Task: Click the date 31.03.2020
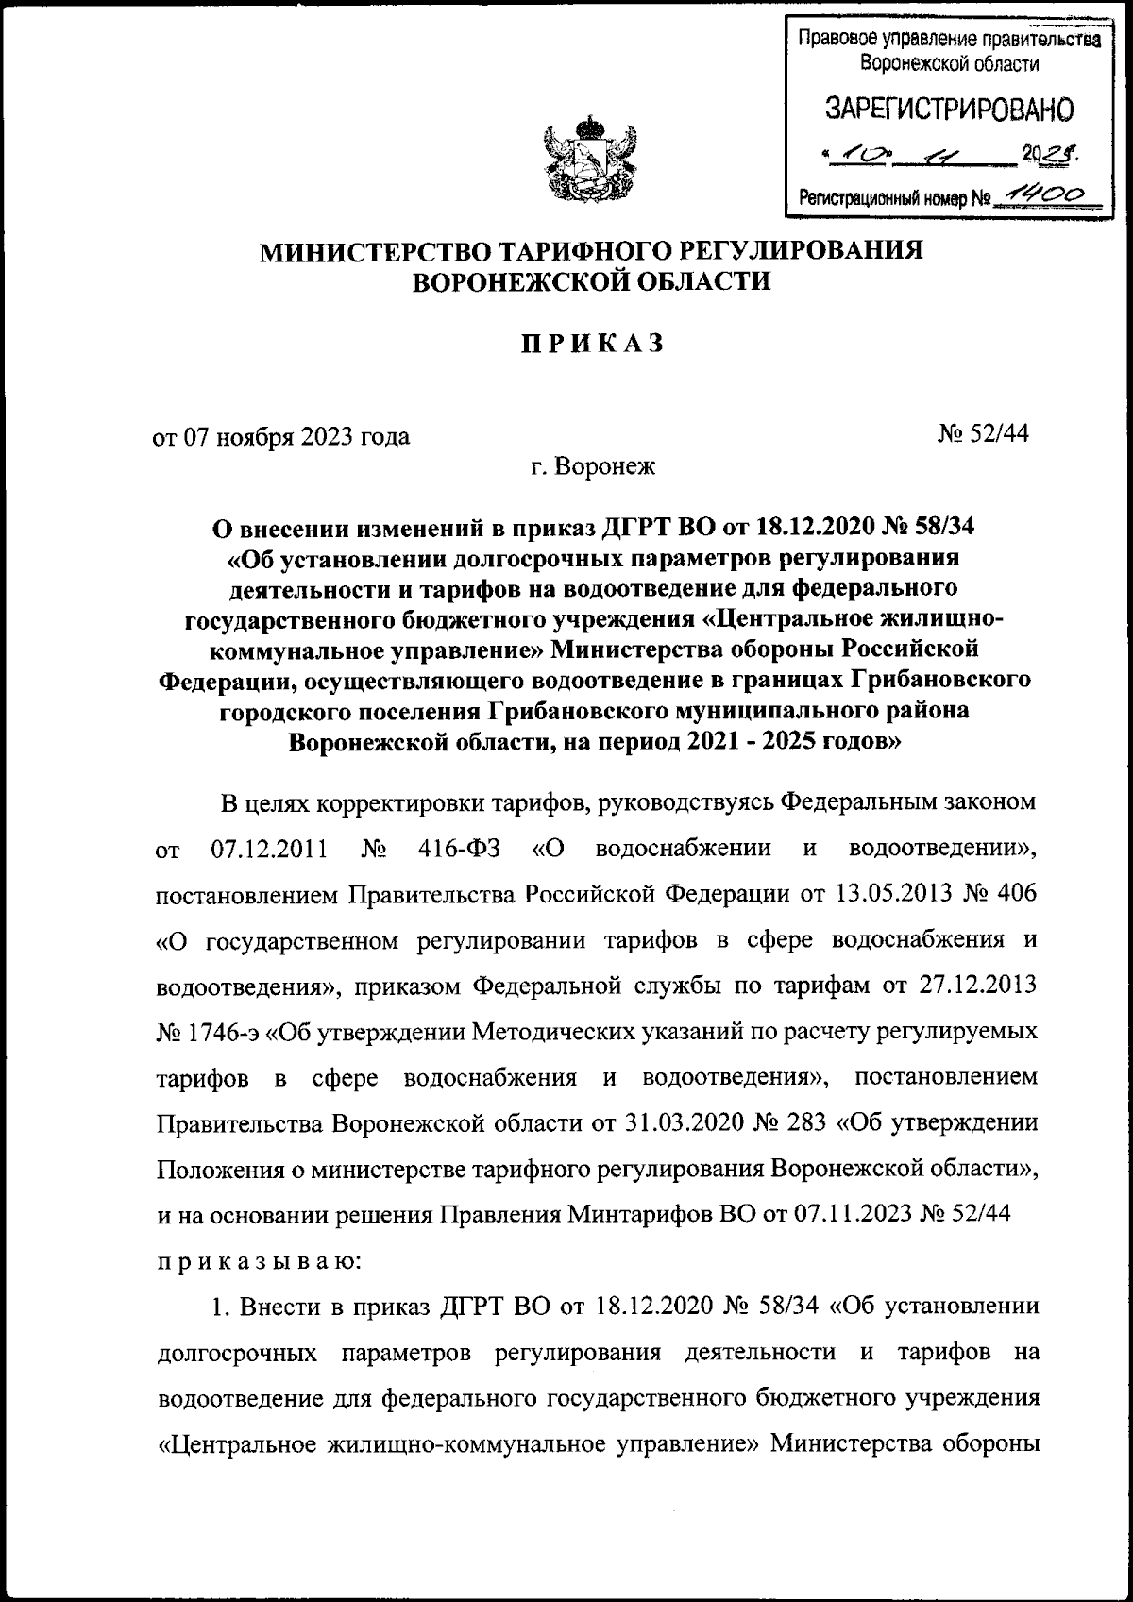(x=681, y=1123)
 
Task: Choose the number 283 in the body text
(x=810, y=1123)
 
